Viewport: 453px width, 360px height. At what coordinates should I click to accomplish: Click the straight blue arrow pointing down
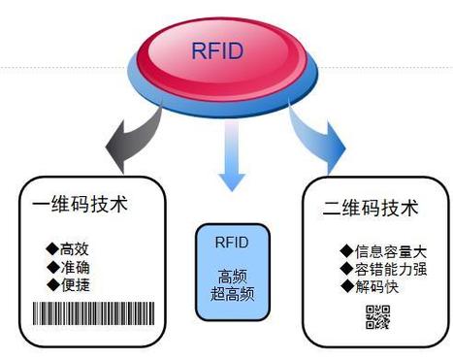tap(231, 161)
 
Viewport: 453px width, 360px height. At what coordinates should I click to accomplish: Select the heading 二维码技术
tap(370, 209)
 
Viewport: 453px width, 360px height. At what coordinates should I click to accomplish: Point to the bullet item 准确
tap(70, 266)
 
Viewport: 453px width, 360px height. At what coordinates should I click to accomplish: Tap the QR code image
tap(377, 316)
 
